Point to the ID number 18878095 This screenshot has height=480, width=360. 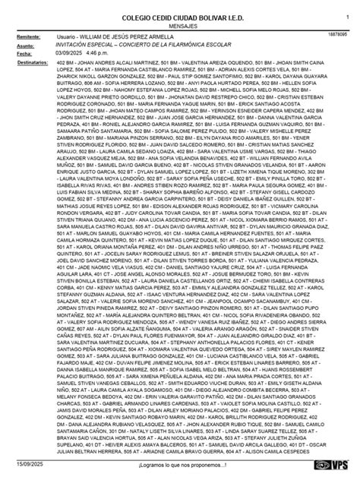tap(339, 35)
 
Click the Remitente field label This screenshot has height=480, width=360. tap(28, 36)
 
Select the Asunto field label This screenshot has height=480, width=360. tap(25, 46)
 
